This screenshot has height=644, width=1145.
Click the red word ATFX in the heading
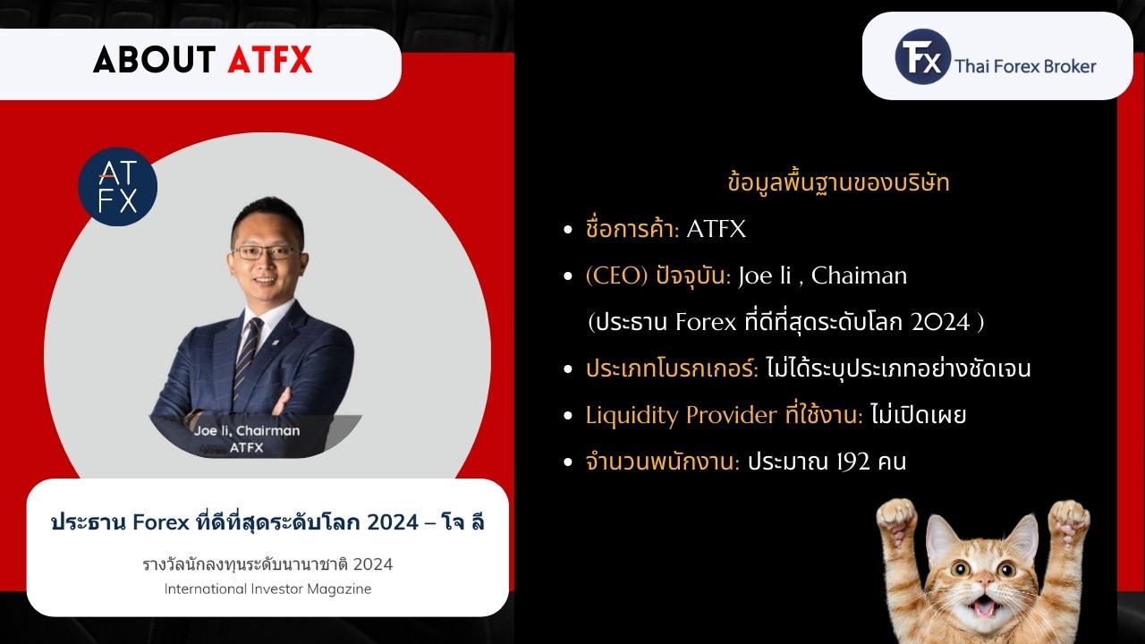[270, 60]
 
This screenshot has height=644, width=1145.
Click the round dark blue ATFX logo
[117, 187]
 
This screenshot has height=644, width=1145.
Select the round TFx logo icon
[922, 56]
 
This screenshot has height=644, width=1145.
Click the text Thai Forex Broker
[1025, 66]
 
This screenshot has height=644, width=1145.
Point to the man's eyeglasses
[266, 252]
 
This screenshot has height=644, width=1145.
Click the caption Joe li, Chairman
[246, 431]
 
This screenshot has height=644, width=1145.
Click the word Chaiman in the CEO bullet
[859, 276]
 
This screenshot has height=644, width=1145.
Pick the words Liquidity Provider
[681, 416]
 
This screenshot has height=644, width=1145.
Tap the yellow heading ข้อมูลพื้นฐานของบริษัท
[838, 183]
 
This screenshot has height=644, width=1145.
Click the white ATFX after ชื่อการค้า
[716, 229]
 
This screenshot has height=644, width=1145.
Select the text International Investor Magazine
[267, 589]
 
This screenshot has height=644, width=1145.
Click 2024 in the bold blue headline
[393, 523]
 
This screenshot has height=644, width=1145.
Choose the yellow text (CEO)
[617, 276]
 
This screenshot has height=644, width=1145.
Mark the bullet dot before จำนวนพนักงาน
[568, 462]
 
